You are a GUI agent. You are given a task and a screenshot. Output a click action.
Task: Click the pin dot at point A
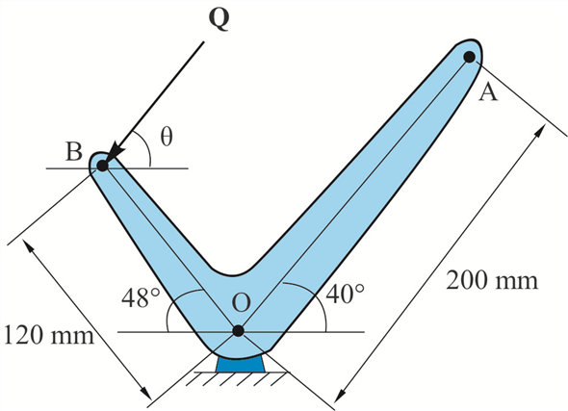pyautogui.click(x=470, y=57)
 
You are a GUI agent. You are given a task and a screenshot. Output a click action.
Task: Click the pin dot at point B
pyautogui.click(x=102, y=166)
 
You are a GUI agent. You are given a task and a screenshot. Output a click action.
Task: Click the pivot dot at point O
pyautogui.click(x=238, y=330)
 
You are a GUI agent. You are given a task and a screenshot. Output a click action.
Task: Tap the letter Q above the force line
pyautogui.click(x=219, y=19)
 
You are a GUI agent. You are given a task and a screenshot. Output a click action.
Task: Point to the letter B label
pyautogui.click(x=74, y=151)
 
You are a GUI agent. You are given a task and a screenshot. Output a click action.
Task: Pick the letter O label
pyautogui.click(x=241, y=302)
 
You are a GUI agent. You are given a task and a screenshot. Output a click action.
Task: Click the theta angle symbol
pyautogui.click(x=167, y=137)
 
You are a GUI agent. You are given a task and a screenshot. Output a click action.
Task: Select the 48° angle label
pyautogui.click(x=141, y=298)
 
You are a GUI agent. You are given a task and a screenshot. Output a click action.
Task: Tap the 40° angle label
pyautogui.click(x=345, y=294)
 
